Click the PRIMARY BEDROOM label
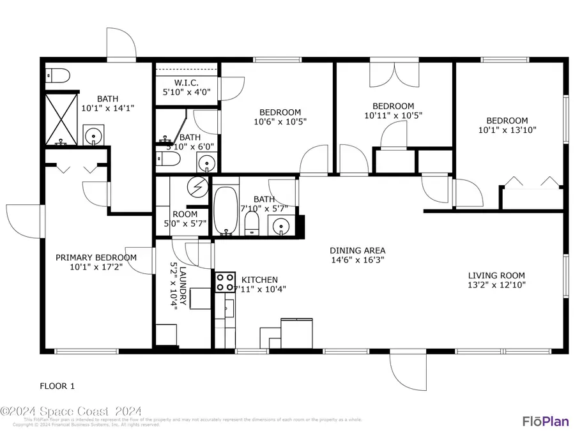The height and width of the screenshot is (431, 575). [x=96, y=257]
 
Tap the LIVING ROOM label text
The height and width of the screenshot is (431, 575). [x=496, y=276]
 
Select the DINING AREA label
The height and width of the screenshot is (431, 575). [x=357, y=250]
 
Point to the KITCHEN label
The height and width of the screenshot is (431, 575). [x=259, y=280]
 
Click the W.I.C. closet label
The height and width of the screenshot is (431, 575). [x=187, y=83]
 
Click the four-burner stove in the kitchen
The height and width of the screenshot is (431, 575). [x=224, y=282]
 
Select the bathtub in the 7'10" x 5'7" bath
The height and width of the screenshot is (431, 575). [x=225, y=211]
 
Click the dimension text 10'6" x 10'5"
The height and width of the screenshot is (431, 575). [x=276, y=121]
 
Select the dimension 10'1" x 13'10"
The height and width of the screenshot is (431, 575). [x=507, y=130]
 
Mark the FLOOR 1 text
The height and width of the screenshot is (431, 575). [x=57, y=386]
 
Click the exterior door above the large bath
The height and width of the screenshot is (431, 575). [x=121, y=45]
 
